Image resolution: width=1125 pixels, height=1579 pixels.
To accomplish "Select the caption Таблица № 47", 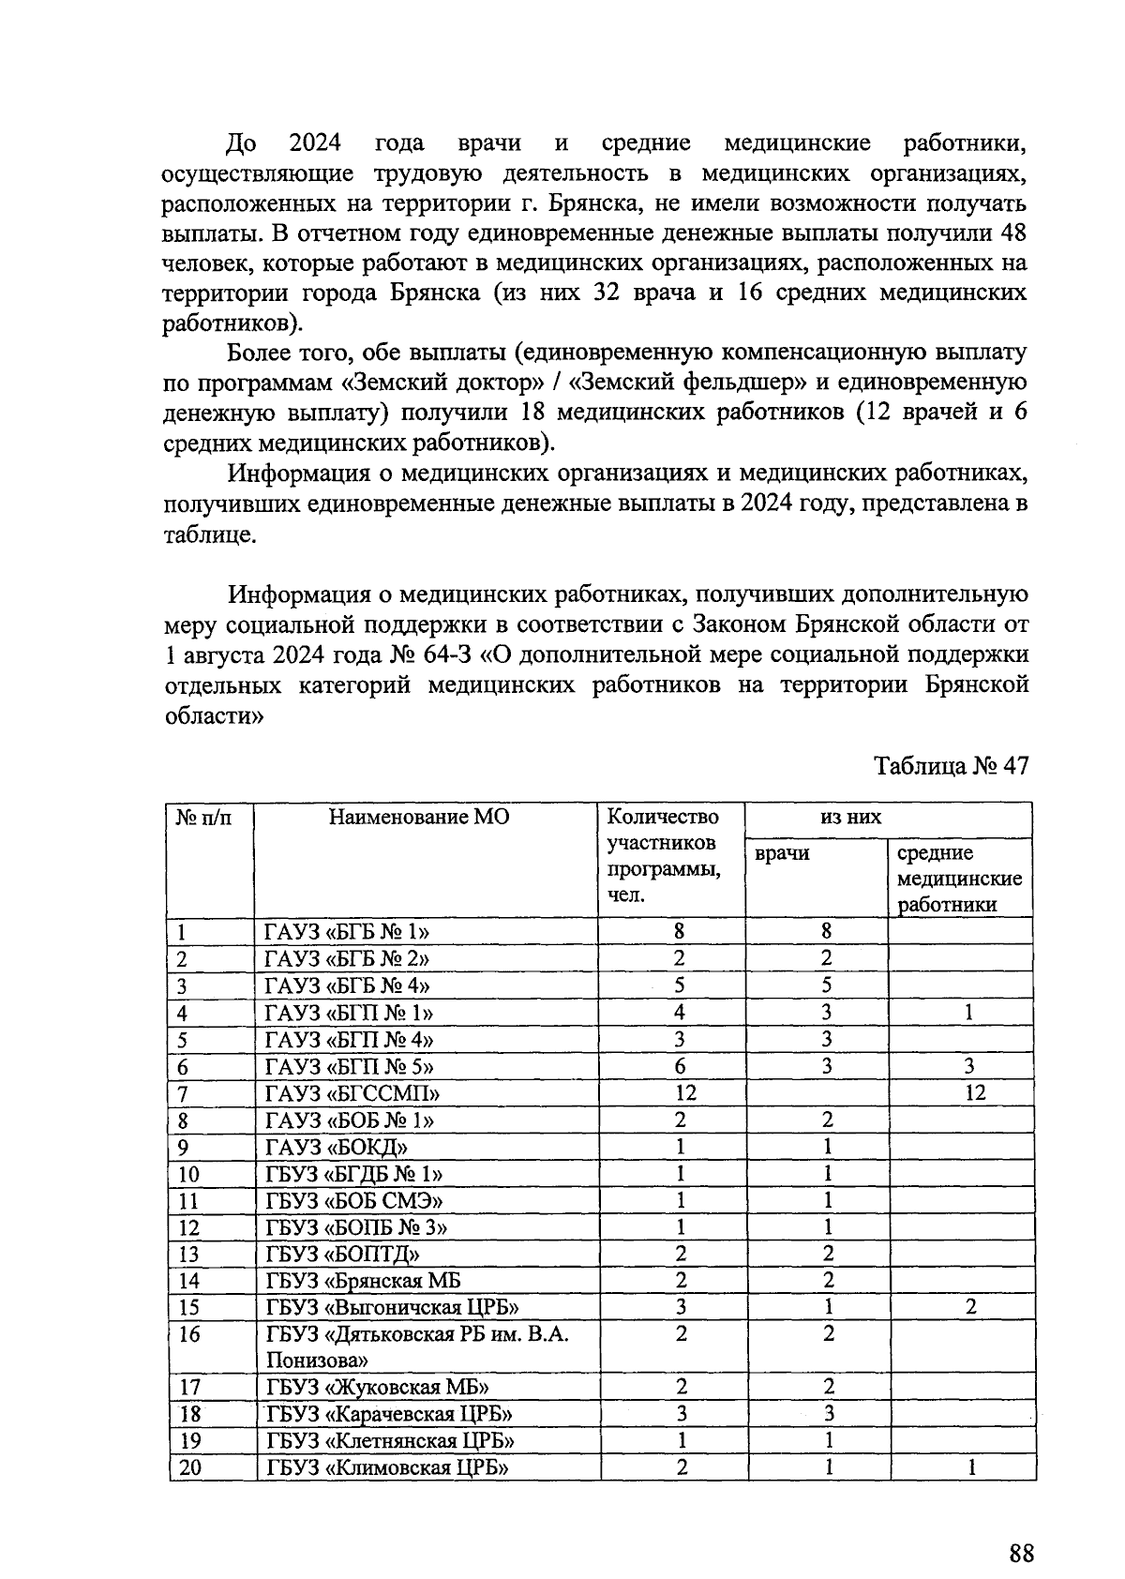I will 952,766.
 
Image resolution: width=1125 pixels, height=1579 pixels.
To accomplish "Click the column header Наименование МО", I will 419,817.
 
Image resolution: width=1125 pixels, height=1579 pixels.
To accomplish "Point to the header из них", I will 850,817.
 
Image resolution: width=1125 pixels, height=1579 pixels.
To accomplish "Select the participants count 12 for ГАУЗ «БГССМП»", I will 681,1092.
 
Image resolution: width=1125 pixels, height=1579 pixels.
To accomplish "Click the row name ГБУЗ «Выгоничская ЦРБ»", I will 393,1307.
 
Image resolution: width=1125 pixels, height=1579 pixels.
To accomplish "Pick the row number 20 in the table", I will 190,1467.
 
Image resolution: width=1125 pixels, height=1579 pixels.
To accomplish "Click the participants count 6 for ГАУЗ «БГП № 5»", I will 681,1066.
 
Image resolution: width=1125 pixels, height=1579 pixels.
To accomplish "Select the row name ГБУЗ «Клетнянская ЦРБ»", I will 390,1440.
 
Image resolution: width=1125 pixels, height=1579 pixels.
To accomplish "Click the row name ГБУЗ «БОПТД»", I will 343,1254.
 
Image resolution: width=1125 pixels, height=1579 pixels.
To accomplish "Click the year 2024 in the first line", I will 314,143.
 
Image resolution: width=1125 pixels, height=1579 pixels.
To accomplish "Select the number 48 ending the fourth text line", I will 1013,233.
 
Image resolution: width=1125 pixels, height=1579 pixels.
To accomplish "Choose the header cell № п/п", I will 202,817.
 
